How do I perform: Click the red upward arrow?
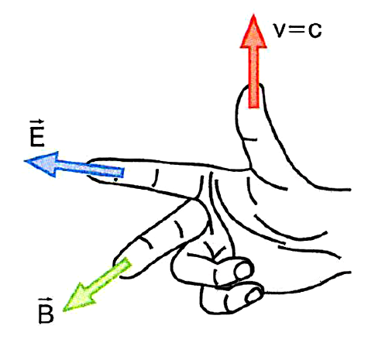coord(253,62)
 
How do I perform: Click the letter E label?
coord(37,137)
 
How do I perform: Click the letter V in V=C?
coord(280,30)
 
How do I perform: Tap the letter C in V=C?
coord(315,31)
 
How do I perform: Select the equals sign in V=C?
coord(297,30)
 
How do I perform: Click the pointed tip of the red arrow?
coord(253,15)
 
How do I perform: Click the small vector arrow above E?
coord(37,122)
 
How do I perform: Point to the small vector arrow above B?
coord(46,299)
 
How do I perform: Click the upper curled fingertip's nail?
coord(242,269)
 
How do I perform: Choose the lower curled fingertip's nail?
coord(254,295)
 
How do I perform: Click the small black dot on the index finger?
coord(116,179)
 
